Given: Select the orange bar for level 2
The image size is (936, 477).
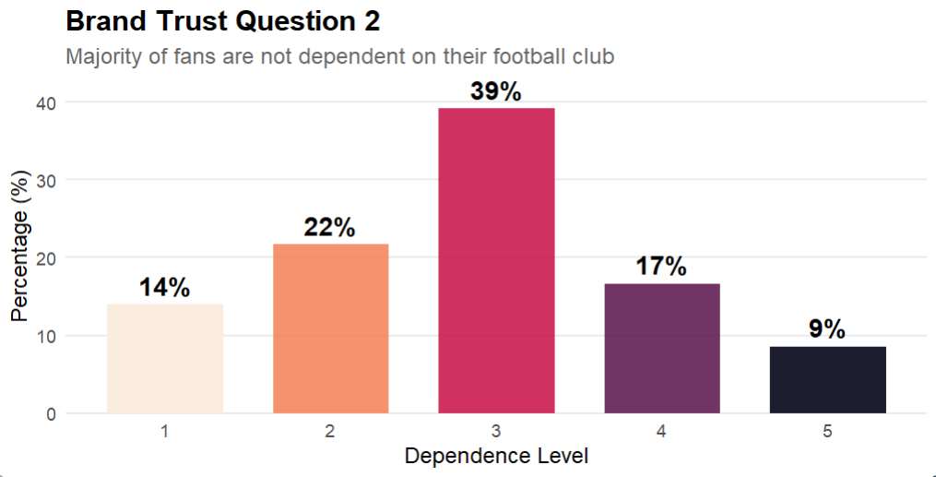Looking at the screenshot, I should click(x=330, y=328).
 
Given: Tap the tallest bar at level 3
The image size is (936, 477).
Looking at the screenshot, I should click(x=496, y=260).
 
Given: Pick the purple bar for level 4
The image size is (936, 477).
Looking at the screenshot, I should click(x=662, y=348).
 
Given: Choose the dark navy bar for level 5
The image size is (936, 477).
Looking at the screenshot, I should click(x=827, y=379).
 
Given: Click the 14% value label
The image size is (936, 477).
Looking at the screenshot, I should click(x=165, y=288).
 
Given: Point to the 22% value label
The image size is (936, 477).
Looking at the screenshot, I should click(x=330, y=228).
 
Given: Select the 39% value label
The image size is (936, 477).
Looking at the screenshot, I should click(x=496, y=92).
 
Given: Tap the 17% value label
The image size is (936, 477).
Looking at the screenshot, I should click(x=662, y=268).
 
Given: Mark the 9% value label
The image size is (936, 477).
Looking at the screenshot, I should click(x=827, y=329).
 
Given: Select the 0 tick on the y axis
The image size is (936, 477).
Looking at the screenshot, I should click(x=50, y=413).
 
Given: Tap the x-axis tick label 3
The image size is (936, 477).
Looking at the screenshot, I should click(x=496, y=431).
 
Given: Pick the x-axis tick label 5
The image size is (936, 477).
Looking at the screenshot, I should click(x=827, y=431).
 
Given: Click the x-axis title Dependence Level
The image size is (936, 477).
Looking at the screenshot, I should click(x=496, y=456).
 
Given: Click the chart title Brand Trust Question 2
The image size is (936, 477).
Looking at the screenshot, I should click(x=222, y=21).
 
